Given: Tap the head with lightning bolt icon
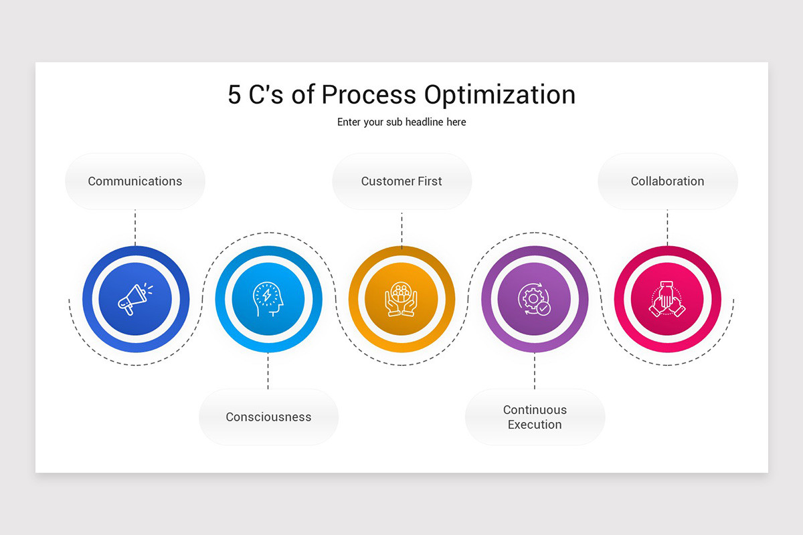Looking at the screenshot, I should (268, 299).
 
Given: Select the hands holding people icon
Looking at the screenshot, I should (401, 299).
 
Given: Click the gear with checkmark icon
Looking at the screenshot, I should (534, 299).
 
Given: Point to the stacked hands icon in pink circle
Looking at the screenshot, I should (666, 299).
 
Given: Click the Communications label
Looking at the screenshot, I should (135, 181).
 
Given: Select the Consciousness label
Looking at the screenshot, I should (268, 417).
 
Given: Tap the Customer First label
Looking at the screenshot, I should (401, 181).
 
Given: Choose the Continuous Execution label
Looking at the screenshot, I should (535, 417).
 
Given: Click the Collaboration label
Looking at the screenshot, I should (667, 181).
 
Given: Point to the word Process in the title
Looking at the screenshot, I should (369, 95).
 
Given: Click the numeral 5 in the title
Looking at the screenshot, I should (234, 95).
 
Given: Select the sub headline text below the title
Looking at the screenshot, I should (401, 122).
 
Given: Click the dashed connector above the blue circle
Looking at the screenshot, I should (135, 227).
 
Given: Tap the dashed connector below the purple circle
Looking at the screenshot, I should (535, 370).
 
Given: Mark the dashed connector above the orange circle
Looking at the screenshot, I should (401, 229).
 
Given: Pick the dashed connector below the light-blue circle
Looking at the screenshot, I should (268, 370).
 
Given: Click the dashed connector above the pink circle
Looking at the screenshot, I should (667, 227).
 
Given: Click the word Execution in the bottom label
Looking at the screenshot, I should (535, 425).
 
